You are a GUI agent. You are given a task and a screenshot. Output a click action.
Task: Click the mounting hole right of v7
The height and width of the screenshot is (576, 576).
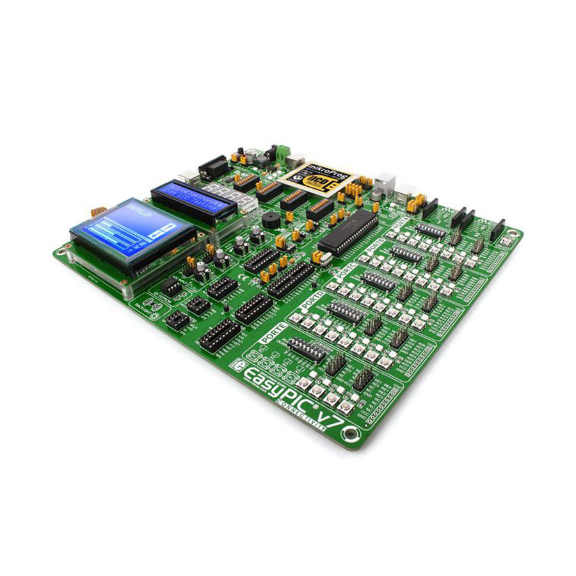coord(349,435)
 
